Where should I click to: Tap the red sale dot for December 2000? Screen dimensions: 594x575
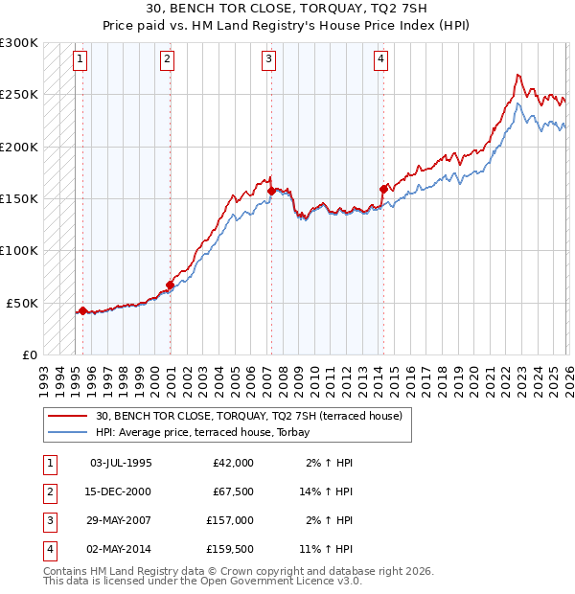pyautogui.click(x=170, y=285)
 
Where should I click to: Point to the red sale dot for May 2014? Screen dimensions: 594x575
pyautogui.click(x=383, y=189)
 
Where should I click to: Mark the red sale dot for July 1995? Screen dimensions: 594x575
pyautogui.click(x=82, y=310)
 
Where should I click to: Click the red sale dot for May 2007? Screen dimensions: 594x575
pyautogui.click(x=271, y=192)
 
